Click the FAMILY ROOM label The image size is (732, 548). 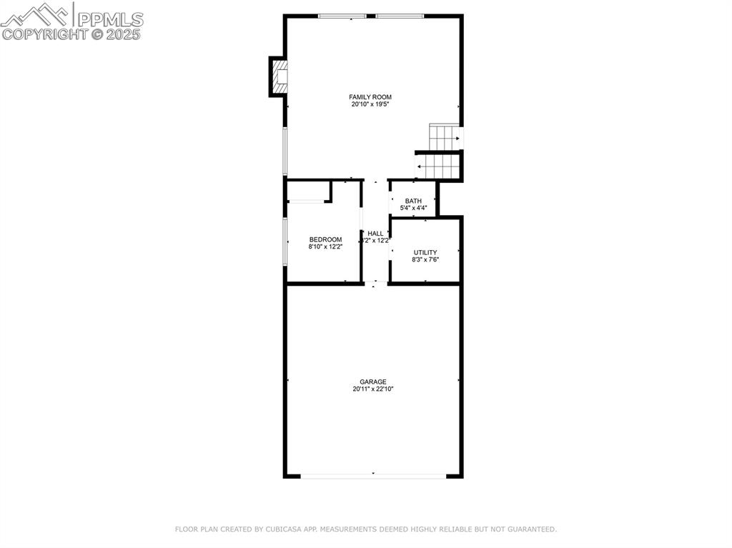[x=370, y=97]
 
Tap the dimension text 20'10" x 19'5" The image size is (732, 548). [x=370, y=104]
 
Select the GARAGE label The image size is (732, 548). [x=373, y=382]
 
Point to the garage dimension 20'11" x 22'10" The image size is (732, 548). [x=373, y=389]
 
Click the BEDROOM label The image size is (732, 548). [x=325, y=240]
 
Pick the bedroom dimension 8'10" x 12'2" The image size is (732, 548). [x=325, y=247]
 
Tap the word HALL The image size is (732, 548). [x=375, y=234]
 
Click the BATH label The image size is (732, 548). [x=413, y=201]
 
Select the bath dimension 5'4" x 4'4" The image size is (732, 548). [x=413, y=209]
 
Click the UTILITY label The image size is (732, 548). [x=425, y=253]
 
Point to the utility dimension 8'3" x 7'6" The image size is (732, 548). [x=425, y=260]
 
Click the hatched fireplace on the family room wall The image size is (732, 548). [x=280, y=76]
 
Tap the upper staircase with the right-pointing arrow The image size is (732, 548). [x=444, y=136]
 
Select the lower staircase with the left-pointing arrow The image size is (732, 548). [x=437, y=166]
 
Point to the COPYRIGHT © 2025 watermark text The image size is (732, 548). [x=71, y=34]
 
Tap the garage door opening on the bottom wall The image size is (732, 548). [x=373, y=474]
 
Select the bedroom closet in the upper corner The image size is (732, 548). [x=309, y=191]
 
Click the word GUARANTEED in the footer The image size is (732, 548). [x=532, y=529]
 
